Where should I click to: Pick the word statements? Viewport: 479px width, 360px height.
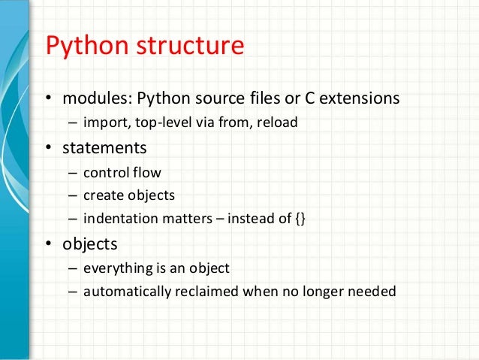104,147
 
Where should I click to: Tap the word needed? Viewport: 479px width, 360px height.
373,292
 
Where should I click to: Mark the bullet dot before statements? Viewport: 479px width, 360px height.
48,148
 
